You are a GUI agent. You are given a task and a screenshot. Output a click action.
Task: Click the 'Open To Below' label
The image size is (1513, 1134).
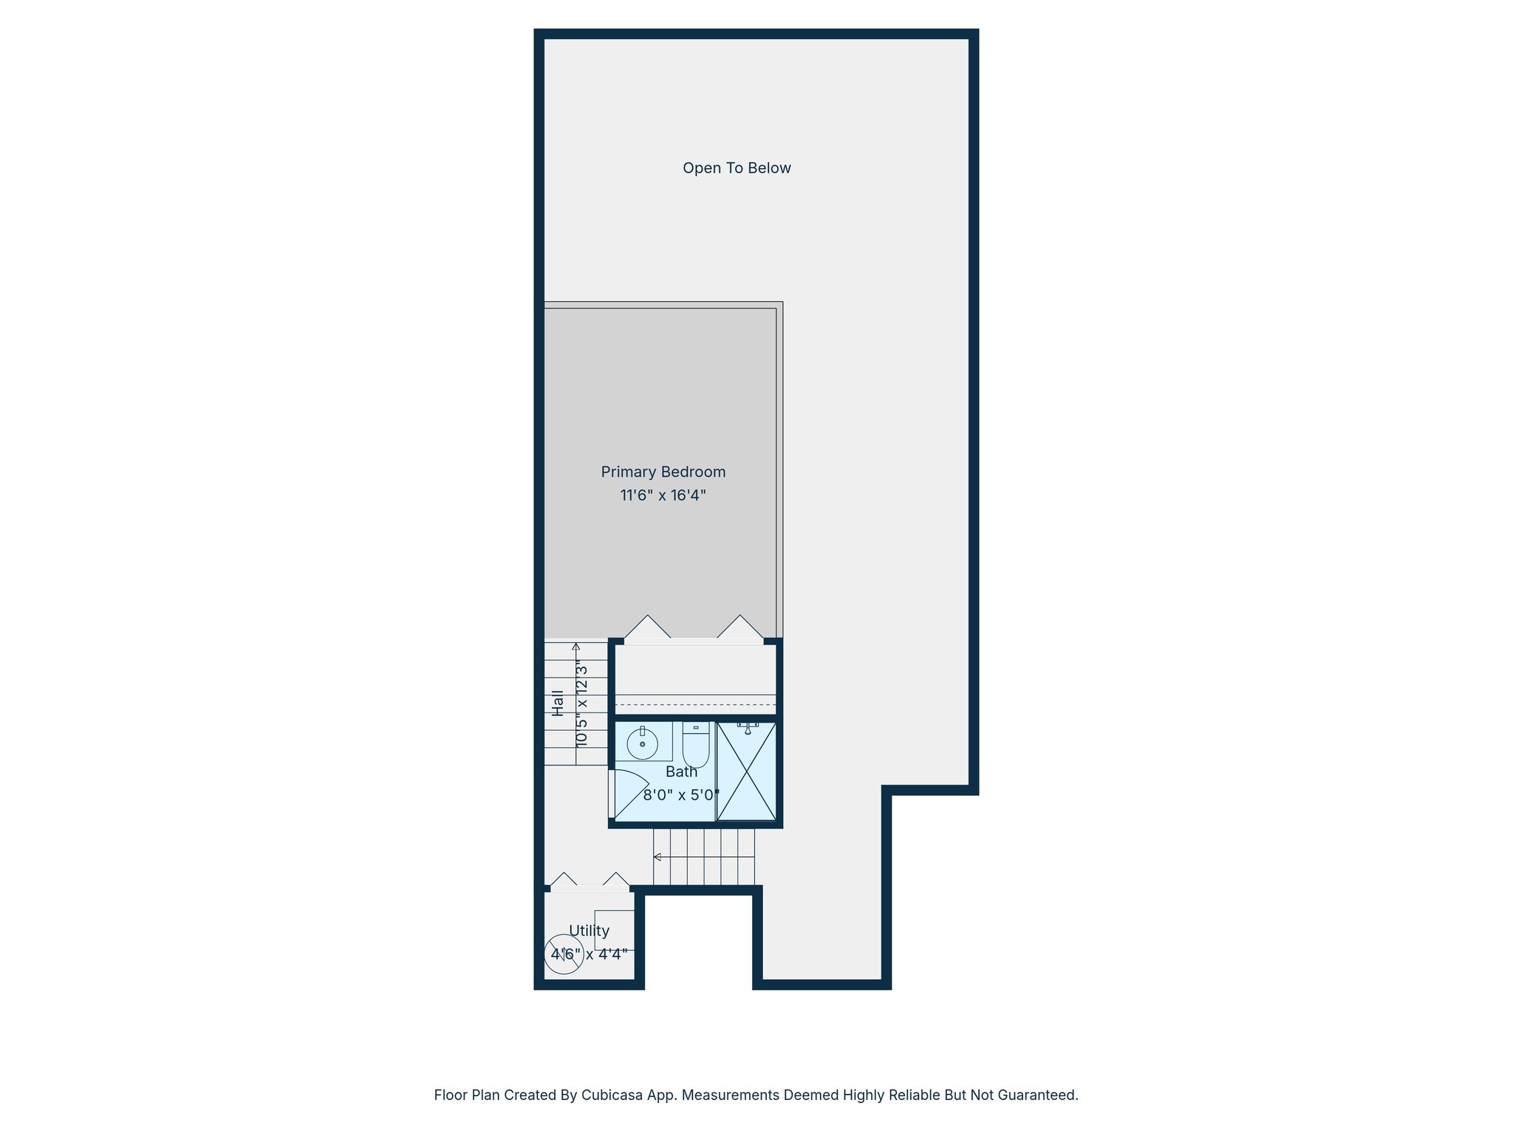pyautogui.click(x=737, y=168)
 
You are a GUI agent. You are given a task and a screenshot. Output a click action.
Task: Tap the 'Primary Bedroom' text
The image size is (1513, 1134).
pyautogui.click(x=663, y=472)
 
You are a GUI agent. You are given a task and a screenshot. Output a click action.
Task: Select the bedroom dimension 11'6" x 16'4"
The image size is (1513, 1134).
pyautogui.click(x=663, y=495)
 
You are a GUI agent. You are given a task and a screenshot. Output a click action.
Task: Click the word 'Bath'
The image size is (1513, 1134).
pyautogui.click(x=681, y=772)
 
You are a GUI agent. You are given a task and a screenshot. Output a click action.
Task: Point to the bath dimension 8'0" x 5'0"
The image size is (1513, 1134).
pyautogui.click(x=680, y=795)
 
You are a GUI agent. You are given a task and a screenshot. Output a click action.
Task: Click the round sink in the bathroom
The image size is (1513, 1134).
pyautogui.click(x=642, y=743)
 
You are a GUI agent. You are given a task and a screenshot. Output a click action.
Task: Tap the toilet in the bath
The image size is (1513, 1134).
pyautogui.click(x=696, y=746)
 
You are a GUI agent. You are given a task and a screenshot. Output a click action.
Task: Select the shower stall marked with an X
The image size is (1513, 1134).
pyautogui.click(x=746, y=772)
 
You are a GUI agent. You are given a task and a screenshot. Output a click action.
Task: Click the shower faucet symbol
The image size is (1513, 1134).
pyautogui.click(x=748, y=729)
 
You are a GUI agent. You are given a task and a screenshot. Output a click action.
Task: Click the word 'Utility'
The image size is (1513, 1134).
pyautogui.click(x=589, y=931)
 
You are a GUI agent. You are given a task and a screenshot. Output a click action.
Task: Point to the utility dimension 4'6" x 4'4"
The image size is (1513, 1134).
pyautogui.click(x=589, y=954)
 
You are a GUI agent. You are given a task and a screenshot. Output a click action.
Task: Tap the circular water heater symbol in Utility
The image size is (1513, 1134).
pyautogui.click(x=564, y=955)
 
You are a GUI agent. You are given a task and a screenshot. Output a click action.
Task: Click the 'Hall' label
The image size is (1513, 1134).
pyautogui.click(x=558, y=703)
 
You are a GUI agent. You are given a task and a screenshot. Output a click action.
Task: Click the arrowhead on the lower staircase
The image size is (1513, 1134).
pyautogui.click(x=657, y=857)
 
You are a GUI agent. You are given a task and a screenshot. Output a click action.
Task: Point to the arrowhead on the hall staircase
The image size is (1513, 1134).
pyautogui.click(x=576, y=646)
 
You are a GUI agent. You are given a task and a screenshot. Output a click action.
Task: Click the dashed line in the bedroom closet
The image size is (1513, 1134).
pyautogui.click(x=695, y=705)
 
